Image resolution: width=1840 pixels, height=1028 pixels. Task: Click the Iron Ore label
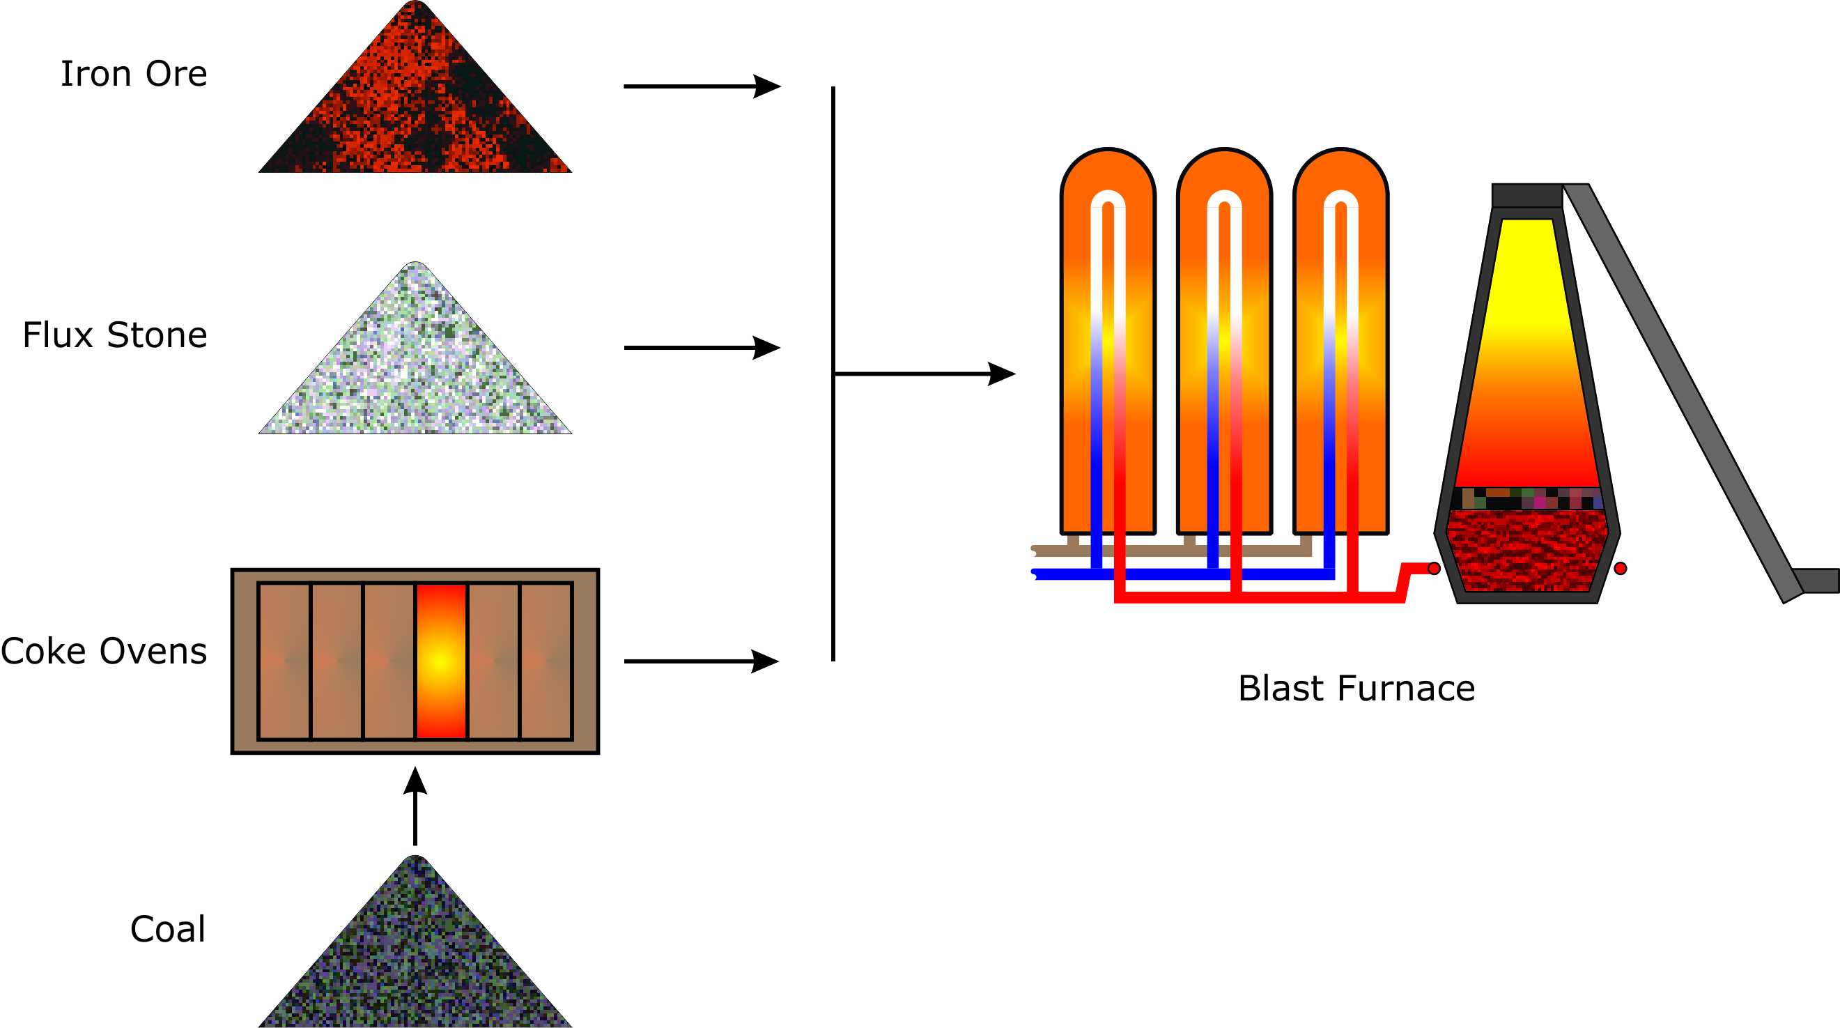(x=134, y=75)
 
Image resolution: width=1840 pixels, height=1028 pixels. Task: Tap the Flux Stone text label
(x=115, y=335)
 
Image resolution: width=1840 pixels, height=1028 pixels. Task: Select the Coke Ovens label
(x=105, y=651)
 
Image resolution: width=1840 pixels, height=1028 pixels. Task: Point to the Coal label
(x=168, y=930)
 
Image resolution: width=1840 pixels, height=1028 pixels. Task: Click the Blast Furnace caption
(x=1356, y=689)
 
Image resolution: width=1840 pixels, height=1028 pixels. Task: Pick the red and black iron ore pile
(x=415, y=107)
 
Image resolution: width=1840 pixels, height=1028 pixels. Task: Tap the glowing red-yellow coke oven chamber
(x=441, y=661)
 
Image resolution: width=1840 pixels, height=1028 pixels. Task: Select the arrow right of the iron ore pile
(x=702, y=86)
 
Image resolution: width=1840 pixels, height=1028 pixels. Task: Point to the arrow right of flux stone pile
(x=702, y=348)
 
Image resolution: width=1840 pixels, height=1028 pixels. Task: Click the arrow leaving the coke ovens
(x=702, y=661)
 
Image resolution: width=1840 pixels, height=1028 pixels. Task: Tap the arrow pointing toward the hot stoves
(x=925, y=374)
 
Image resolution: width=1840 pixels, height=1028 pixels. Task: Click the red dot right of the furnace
(x=1621, y=568)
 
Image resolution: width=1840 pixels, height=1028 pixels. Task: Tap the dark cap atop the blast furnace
(x=1527, y=196)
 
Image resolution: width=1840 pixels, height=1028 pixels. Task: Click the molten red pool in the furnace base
(x=1526, y=550)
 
